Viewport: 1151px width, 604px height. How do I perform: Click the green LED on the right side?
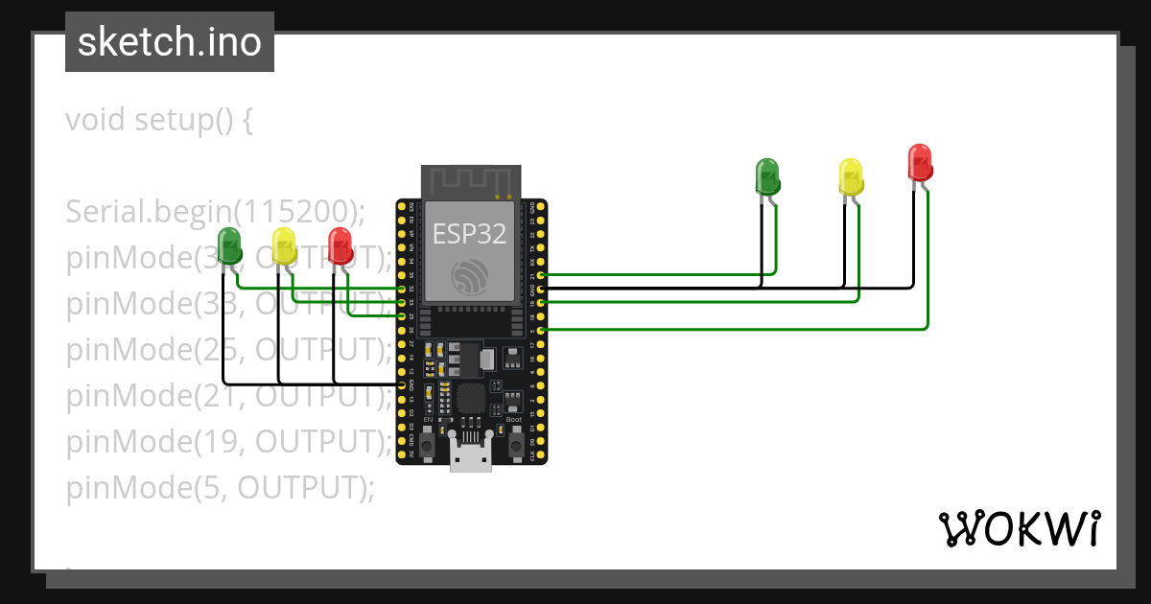tap(768, 176)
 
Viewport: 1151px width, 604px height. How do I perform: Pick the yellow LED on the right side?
tap(851, 176)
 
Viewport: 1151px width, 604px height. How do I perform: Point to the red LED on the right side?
tap(920, 162)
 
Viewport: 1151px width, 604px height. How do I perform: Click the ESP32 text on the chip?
tap(470, 233)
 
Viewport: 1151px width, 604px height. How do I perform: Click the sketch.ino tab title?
tap(170, 42)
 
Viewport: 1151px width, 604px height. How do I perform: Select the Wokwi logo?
tap(1019, 528)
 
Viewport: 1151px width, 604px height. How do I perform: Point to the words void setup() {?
tap(159, 121)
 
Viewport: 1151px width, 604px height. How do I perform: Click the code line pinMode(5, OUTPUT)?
tap(220, 488)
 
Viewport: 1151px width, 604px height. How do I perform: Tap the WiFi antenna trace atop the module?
tap(470, 181)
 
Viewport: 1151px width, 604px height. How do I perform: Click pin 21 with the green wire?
tap(541, 274)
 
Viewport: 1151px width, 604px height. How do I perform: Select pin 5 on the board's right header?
tap(541, 330)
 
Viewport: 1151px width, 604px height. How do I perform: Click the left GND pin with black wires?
tap(401, 384)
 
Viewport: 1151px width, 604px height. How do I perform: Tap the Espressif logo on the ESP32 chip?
tap(470, 276)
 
